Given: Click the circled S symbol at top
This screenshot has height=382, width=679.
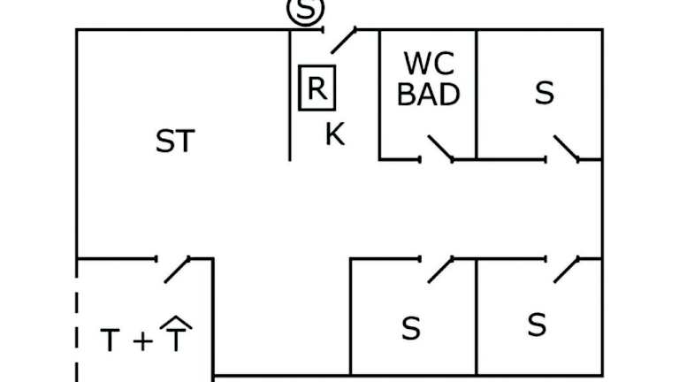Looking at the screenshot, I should (306, 11).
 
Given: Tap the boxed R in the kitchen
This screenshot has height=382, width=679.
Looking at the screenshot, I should (317, 88).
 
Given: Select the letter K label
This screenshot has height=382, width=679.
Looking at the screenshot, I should (334, 135).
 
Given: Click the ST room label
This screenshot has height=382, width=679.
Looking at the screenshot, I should (174, 141).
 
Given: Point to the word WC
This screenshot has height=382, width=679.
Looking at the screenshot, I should (429, 64).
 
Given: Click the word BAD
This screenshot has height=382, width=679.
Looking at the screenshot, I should (429, 93).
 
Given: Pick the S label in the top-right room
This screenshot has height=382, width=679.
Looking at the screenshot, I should (545, 94).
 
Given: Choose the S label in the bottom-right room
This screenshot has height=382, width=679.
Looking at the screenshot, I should (537, 325).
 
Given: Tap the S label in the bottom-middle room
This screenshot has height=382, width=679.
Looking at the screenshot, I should (410, 328).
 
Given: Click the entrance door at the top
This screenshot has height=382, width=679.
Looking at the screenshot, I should (343, 39).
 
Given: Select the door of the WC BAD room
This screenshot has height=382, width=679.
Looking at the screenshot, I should (439, 149).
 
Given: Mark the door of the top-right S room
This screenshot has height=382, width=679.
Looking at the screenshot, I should (566, 149).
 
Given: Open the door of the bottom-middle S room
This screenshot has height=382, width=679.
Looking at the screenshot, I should (439, 269).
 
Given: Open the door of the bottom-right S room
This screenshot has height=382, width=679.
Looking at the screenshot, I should (566, 269).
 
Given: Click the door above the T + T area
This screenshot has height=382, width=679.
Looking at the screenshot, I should (177, 269).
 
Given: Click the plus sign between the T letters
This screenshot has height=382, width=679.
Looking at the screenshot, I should (141, 341).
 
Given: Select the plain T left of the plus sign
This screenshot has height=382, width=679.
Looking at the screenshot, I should (110, 340).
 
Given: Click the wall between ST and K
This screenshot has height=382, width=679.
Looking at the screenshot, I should (291, 97).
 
